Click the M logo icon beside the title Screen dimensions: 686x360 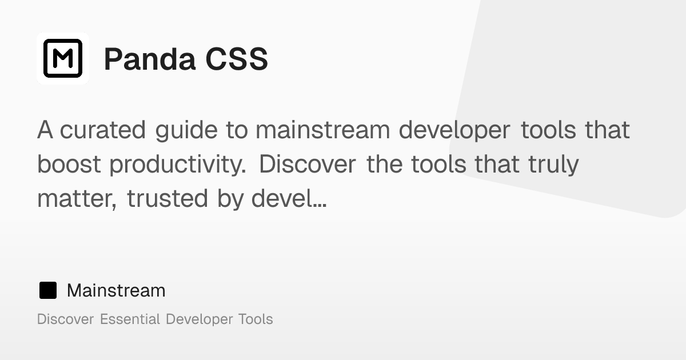tap(63, 58)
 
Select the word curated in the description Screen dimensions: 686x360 tap(103, 130)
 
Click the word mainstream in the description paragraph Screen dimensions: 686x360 tap(323, 130)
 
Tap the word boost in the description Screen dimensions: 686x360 tap(69, 165)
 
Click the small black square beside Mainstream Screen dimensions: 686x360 tap(47, 290)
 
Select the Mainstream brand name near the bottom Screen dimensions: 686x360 tap(116, 290)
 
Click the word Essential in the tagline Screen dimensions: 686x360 tap(130, 319)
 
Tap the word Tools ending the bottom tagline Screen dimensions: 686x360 tap(256, 319)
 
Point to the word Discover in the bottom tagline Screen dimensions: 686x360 tap(65, 319)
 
